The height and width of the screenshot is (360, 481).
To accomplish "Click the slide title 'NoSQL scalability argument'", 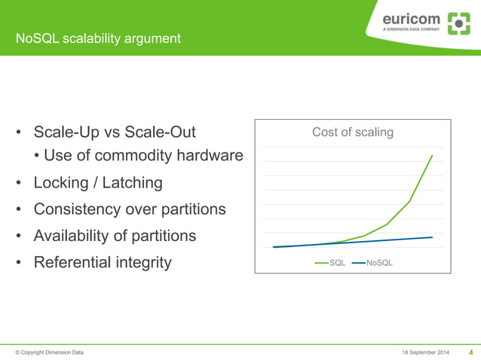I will pyautogui.click(x=100, y=38).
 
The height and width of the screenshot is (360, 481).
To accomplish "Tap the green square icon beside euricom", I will pyautogui.click(x=458, y=23).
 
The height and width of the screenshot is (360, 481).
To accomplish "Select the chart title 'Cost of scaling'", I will pyautogui.click(x=353, y=133).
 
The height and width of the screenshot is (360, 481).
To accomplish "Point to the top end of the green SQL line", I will pyautogui.click(x=432, y=155).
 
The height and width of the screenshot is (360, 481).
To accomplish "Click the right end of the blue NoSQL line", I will pyautogui.click(x=432, y=237).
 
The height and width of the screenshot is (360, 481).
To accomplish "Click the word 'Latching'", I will pyautogui.click(x=133, y=182).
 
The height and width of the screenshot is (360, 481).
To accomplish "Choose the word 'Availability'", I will pyautogui.click(x=73, y=236).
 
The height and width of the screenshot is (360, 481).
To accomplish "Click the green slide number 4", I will pyautogui.click(x=471, y=352).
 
